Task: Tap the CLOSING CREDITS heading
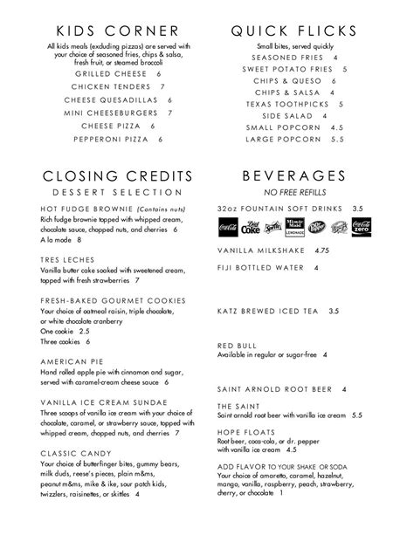point(111,174)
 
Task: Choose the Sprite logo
point(274,230)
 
